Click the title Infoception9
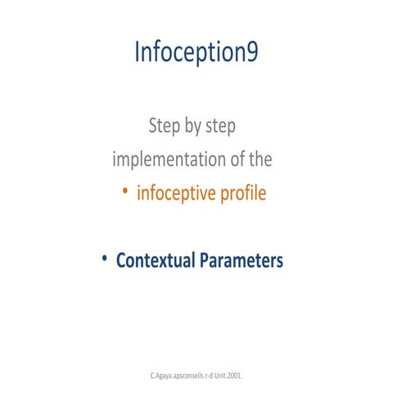point(196,53)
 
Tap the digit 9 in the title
point(251,53)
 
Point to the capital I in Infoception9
point(138,53)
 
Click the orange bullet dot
point(124,192)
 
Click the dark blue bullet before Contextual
point(105,259)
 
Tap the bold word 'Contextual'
point(156,260)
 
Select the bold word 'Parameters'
point(242,261)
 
